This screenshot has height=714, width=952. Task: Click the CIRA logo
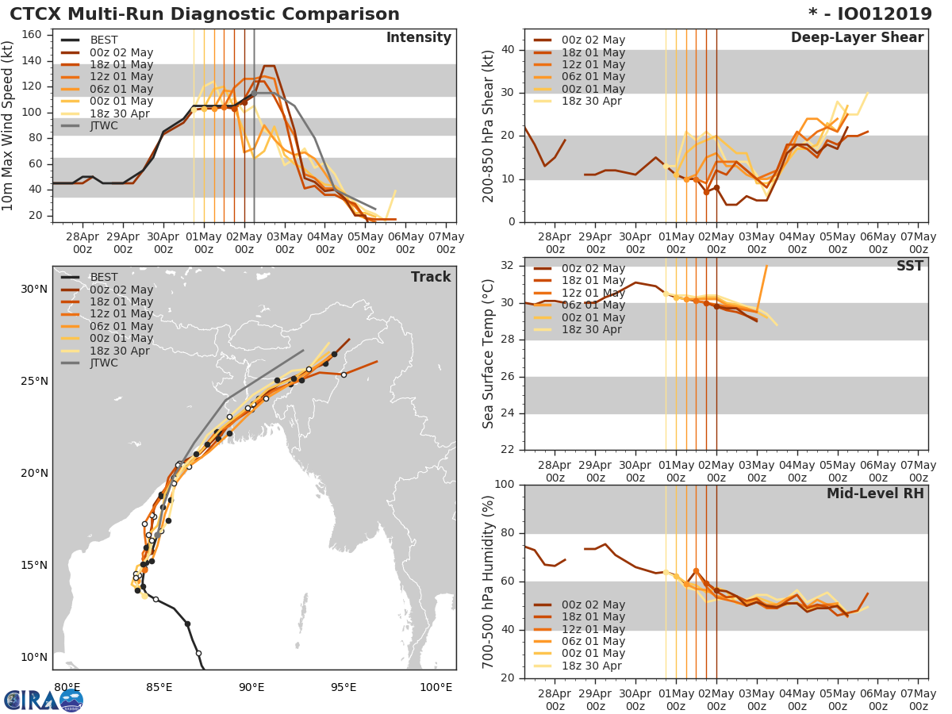[44, 700]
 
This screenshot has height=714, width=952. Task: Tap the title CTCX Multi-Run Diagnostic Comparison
[205, 14]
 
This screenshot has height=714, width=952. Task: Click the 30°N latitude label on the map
[34, 289]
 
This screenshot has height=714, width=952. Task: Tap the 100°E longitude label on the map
[436, 687]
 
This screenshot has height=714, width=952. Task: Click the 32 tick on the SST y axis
[507, 266]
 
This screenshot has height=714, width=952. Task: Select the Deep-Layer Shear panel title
[857, 38]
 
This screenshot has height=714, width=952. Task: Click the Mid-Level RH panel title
[875, 493]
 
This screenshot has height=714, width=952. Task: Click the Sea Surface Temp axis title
[489, 353]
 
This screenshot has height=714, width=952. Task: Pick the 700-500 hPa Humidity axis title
[489, 582]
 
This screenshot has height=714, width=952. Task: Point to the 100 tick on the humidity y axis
[503, 485]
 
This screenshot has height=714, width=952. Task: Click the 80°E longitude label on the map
[67, 687]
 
